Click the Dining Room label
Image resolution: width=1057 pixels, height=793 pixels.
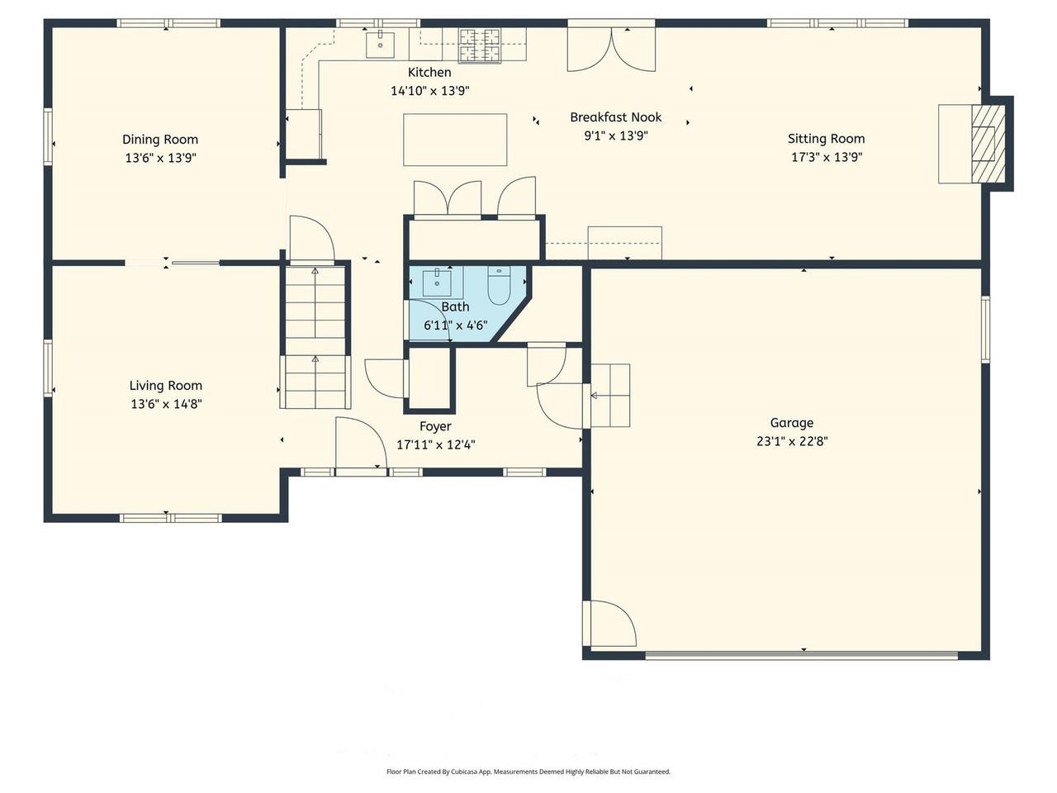click(x=160, y=140)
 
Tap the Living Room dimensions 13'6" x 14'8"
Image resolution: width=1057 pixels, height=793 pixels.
click(x=166, y=404)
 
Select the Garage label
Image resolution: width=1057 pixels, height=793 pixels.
click(x=792, y=423)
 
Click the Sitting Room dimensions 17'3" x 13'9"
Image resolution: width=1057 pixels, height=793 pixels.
click(x=827, y=157)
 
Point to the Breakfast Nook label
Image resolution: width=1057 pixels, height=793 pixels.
click(x=616, y=117)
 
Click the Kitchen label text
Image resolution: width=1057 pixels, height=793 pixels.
click(x=429, y=73)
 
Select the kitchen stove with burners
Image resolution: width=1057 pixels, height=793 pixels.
click(x=481, y=45)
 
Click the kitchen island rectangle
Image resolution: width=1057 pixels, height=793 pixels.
click(x=455, y=140)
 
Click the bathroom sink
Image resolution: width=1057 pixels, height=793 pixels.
click(x=437, y=283)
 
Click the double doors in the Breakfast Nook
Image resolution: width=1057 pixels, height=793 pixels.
click(x=611, y=50)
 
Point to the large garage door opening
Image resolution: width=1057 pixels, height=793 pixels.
click(x=801, y=656)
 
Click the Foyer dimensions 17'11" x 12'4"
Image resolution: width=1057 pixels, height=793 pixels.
click(x=435, y=444)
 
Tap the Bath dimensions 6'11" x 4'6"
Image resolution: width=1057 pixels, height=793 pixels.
click(x=455, y=325)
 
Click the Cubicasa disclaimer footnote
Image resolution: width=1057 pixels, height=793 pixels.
click(x=528, y=772)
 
